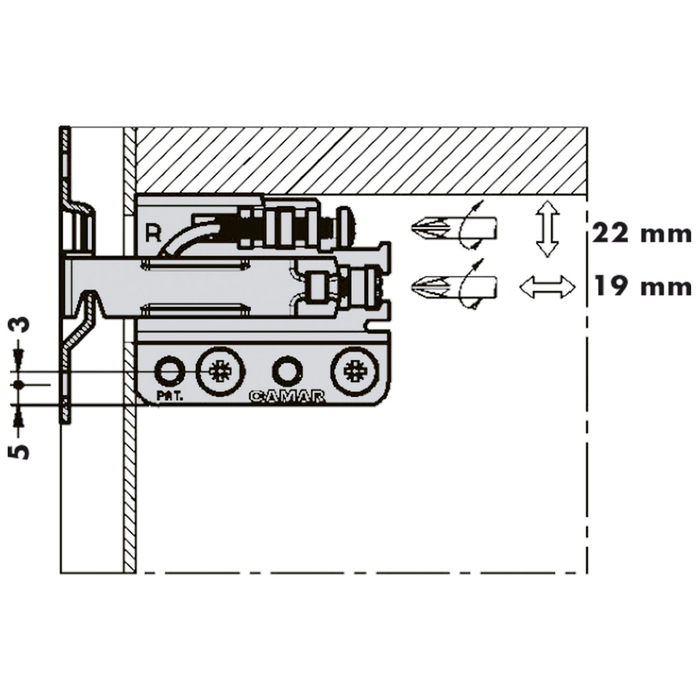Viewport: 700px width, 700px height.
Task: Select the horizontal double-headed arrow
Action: point(547,287)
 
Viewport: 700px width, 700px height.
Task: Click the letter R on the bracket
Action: point(153,233)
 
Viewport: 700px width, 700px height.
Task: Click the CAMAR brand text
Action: point(287,397)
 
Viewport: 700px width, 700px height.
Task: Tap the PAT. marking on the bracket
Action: point(170,397)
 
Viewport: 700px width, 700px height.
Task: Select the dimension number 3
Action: point(20,323)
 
